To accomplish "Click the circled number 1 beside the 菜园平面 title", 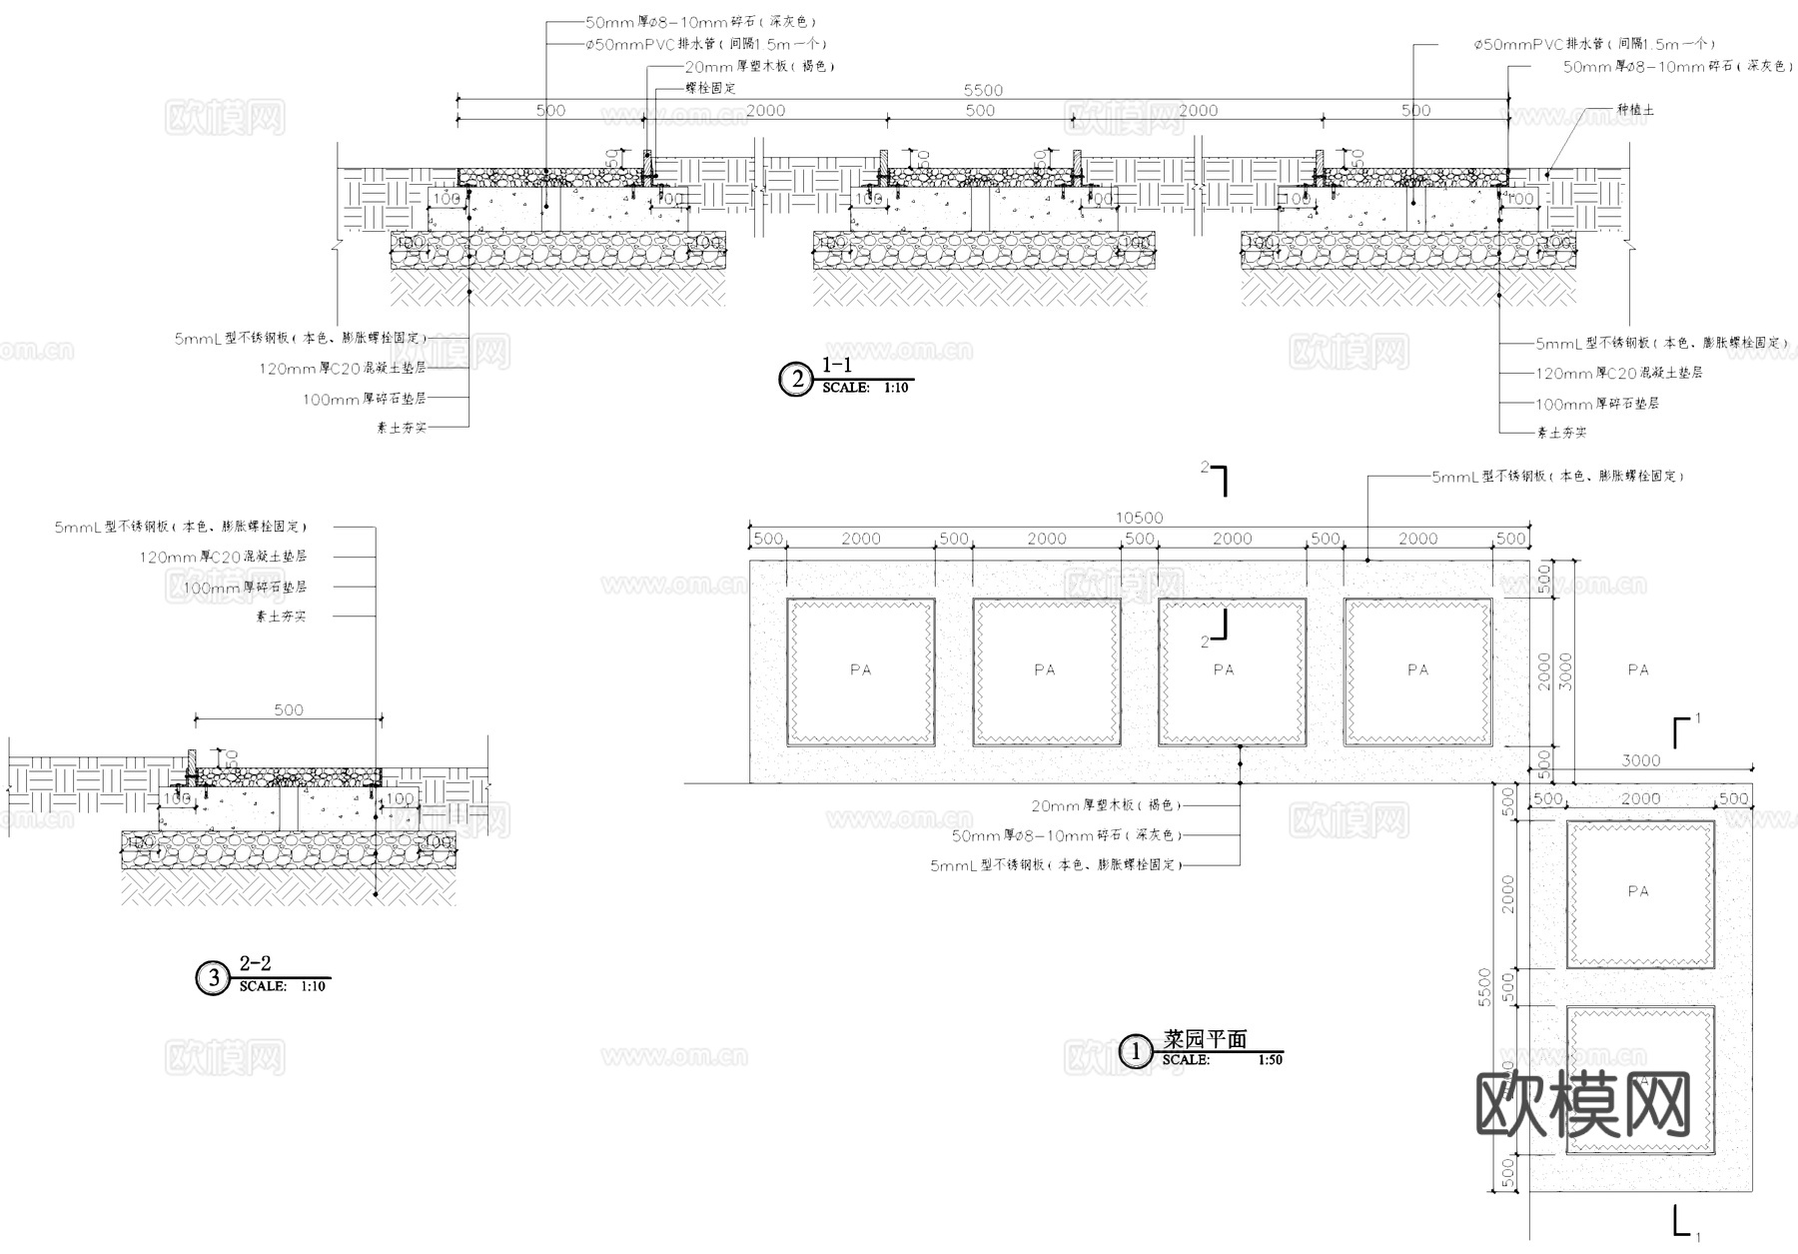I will coord(1135,1051).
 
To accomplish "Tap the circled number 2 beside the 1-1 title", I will coord(796,380).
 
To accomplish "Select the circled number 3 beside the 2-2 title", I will coord(213,978).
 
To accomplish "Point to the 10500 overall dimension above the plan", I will coord(1139,518).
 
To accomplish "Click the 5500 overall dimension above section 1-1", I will coord(983,90).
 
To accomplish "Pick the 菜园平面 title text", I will coord(1205,1039).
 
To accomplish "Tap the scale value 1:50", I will coord(1270,1060).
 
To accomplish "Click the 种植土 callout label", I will coord(1635,110).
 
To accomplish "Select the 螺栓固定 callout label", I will coord(710,88).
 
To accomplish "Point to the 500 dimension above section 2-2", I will coord(289,709).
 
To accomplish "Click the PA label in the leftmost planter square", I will coord(860,670).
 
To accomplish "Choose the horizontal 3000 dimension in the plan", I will coord(1640,760).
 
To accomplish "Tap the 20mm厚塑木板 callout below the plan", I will coord(1106,805).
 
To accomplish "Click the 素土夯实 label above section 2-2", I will coord(281,618).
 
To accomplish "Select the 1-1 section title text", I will coord(836,366).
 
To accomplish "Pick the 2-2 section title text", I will coord(255,963).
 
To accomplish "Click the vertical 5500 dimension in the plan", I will coord(1484,987).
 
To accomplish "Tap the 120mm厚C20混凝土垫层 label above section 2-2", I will coord(223,557).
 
